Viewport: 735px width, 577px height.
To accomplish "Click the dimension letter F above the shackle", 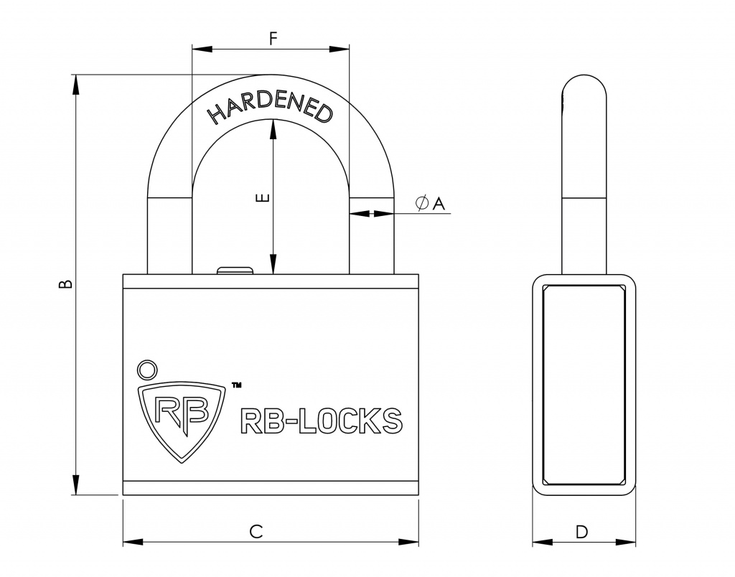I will coord(273,39).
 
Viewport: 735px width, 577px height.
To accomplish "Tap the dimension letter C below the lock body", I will coord(256,531).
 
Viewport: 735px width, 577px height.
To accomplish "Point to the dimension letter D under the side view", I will coord(582,532).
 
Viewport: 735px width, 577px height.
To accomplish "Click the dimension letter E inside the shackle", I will coord(263,197).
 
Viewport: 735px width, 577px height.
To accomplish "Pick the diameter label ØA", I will coord(430,204).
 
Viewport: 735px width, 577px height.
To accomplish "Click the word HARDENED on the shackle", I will coord(270,107).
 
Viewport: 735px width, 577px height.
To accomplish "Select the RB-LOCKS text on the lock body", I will coord(319,421).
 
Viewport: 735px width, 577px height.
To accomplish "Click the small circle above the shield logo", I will coord(147,369).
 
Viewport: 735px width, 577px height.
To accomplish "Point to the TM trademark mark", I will coord(236,385).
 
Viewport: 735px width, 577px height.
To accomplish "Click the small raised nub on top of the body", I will coord(235,270).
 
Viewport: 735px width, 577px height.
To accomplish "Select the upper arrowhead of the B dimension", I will coord(75,83).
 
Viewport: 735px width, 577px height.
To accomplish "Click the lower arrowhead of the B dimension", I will coord(75,486).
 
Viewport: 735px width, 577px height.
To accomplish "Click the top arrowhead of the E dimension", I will coord(272,127).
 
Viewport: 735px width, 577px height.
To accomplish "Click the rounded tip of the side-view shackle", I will coord(584,83).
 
